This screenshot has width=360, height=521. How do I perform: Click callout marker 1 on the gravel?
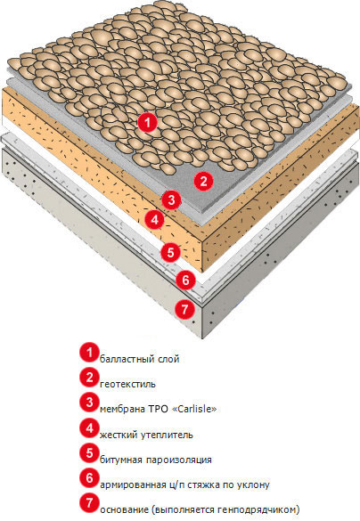(x=148, y=122)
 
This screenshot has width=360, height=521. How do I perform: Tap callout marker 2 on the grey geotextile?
(x=203, y=181)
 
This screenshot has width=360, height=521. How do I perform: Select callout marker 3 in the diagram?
(x=171, y=200)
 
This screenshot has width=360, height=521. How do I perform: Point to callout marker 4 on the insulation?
(x=154, y=220)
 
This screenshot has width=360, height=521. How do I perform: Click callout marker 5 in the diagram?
(x=170, y=251)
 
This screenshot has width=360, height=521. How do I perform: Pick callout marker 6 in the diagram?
(x=185, y=280)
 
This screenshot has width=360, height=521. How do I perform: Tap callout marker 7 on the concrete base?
(x=184, y=309)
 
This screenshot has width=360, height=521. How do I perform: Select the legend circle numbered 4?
(x=89, y=428)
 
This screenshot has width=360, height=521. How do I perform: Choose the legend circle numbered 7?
(x=89, y=502)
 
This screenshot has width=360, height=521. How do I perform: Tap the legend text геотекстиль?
(x=127, y=385)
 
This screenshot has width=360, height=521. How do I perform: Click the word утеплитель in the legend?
(x=167, y=435)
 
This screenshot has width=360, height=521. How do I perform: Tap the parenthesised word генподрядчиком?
(x=257, y=510)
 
